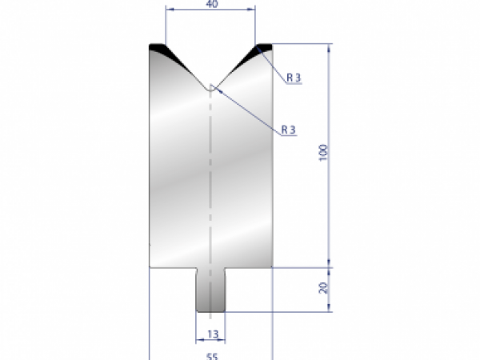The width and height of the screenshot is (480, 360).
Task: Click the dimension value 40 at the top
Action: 210,4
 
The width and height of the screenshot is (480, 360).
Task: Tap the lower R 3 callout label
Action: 289,129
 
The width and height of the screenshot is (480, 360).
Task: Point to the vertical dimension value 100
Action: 322,154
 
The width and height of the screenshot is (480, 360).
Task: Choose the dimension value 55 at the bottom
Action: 211,357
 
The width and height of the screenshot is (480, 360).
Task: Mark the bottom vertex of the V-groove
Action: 210,86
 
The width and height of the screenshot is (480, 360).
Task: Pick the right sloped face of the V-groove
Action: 234,69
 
